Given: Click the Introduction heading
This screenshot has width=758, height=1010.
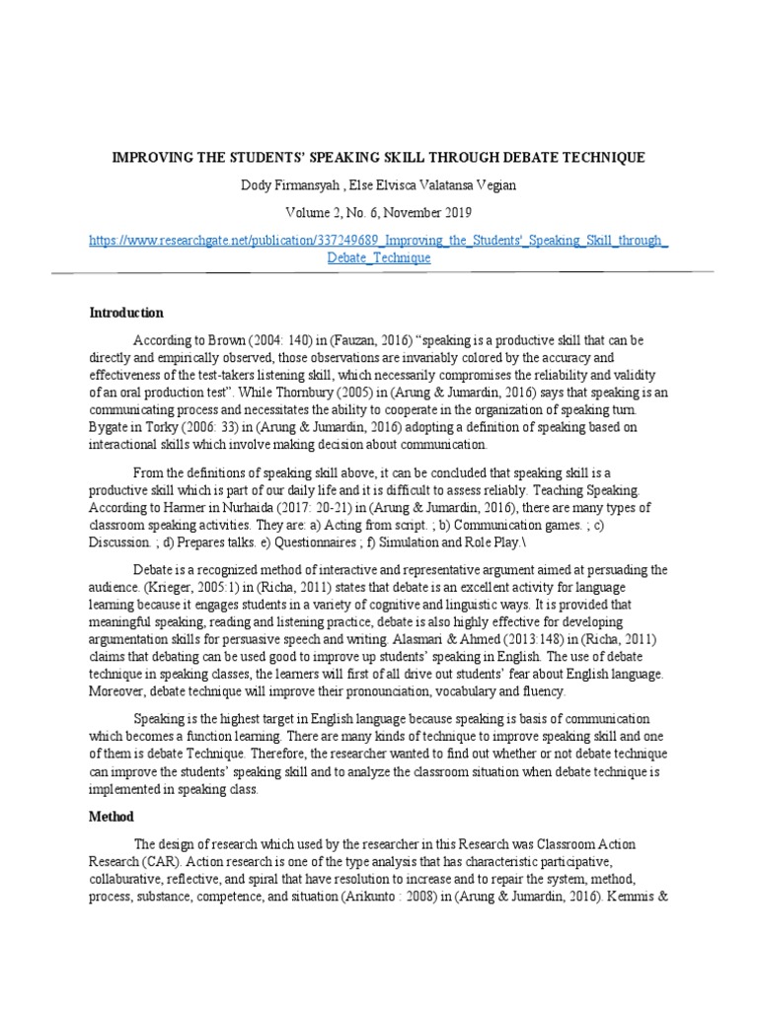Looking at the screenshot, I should tap(126, 313).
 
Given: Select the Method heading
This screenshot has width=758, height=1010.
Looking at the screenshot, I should tap(112, 817).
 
